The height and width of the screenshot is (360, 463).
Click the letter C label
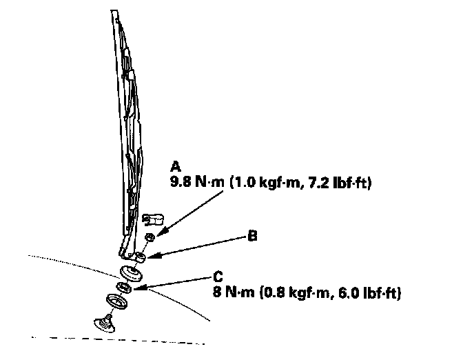click(218, 279)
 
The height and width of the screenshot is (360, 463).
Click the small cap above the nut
click(152, 220)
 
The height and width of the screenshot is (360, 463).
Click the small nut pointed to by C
click(123, 287)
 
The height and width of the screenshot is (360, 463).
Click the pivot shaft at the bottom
click(104, 322)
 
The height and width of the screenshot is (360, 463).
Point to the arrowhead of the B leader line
click(147, 258)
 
